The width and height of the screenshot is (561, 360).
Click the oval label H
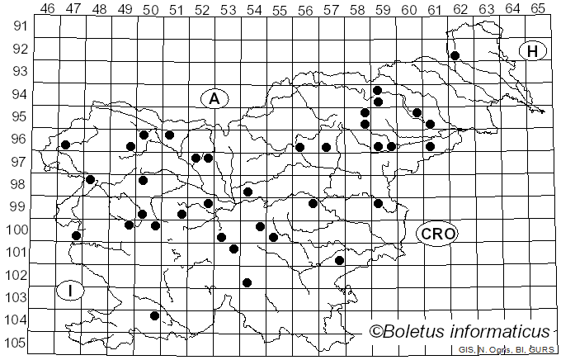pos(533,51)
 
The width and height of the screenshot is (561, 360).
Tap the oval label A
pos(214,98)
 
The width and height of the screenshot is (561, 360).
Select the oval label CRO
pos(436,234)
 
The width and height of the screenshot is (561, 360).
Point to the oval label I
pos(71,291)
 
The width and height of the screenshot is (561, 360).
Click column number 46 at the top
pos(48,9)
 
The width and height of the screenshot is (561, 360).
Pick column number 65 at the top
pos(537,9)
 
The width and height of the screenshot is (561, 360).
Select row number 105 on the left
pos(16,343)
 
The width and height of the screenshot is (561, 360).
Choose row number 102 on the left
pos(16,274)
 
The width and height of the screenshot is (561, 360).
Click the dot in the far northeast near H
pos(455,55)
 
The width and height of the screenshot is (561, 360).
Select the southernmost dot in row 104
pos(154,315)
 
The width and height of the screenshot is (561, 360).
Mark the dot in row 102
pos(247,282)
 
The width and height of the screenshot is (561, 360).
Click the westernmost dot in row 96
pos(65,144)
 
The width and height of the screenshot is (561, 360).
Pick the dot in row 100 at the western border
pos(76,235)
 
